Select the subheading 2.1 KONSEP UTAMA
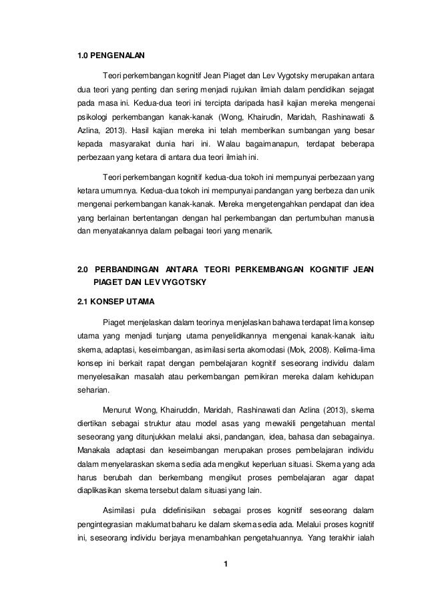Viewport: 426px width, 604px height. pyautogui.click(x=109, y=301)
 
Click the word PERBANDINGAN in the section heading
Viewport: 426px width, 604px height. pyautogui.click(x=125, y=269)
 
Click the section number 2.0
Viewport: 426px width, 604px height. pyautogui.click(x=83, y=269)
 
